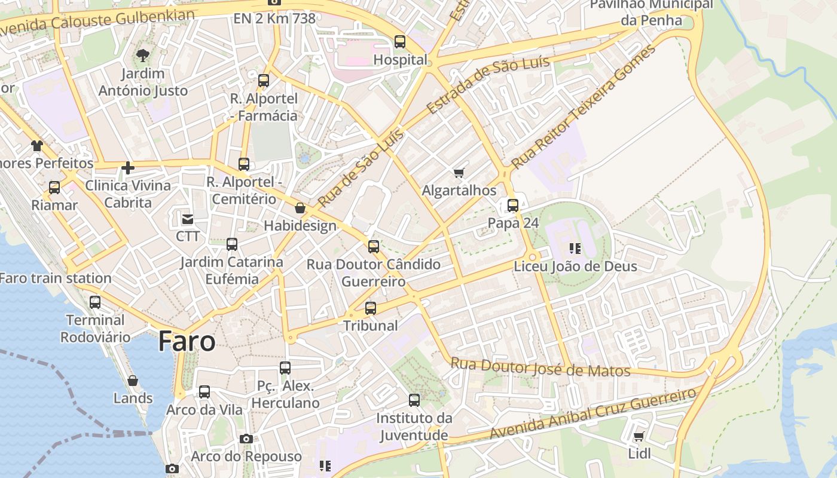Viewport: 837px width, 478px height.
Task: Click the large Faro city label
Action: point(187,342)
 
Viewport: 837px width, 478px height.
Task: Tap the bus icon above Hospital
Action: point(400,42)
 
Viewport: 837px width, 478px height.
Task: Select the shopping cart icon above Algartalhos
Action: point(459,173)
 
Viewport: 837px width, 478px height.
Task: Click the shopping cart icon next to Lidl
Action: point(639,436)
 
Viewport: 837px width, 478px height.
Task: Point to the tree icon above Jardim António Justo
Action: point(142,56)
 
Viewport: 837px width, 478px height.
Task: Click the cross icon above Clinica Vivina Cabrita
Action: point(127,168)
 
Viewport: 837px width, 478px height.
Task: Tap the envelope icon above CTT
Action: point(188,219)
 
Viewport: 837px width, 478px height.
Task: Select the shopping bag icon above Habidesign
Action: point(300,208)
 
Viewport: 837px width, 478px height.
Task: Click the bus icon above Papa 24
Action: point(513,206)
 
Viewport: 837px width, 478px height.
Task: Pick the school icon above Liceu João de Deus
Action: point(575,248)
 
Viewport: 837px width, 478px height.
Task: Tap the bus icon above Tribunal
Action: point(371,308)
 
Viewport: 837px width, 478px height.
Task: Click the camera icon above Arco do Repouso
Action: point(246,439)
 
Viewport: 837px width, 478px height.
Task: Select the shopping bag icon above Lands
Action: point(133,381)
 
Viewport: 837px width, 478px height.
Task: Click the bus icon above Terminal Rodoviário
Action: point(94,302)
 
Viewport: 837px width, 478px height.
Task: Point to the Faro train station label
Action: point(56,278)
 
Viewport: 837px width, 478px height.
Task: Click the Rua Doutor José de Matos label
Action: point(540,367)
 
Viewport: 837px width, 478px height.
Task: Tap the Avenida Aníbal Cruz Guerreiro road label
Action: point(593,413)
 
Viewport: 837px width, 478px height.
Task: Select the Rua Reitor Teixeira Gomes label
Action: point(583,106)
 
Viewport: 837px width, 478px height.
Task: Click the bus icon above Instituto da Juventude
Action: point(414,400)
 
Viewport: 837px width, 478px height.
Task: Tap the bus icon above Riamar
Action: point(54,188)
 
